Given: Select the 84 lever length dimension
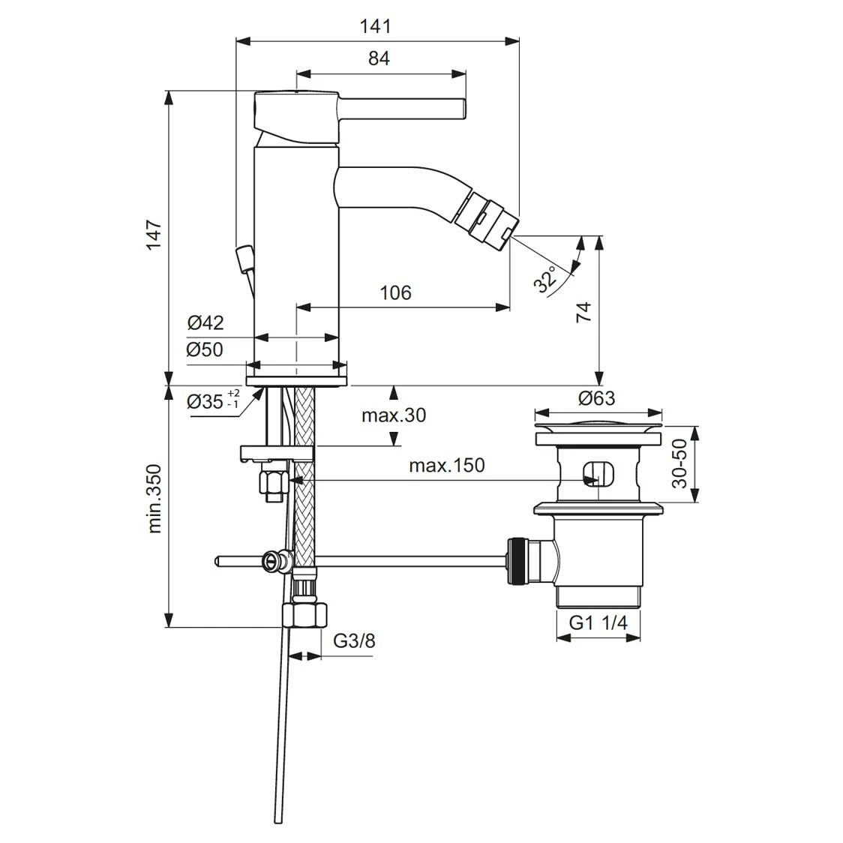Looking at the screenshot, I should [379, 58].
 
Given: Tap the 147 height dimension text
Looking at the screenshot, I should [153, 235].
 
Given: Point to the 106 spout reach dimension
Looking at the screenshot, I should [395, 292].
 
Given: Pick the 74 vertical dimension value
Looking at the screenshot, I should [583, 311].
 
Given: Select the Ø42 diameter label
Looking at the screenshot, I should [205, 322].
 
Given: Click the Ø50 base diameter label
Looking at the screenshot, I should [205, 349].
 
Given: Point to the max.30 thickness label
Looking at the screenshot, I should [394, 415].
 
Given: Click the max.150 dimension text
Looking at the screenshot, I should [447, 465].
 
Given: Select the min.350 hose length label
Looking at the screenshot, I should [154, 498].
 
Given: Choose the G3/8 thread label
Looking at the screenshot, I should [354, 641].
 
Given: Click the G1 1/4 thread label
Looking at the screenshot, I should [598, 622].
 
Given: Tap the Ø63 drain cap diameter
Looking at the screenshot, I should [598, 397].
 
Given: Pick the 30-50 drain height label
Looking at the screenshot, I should [679, 465].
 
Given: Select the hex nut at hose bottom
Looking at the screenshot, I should [305, 615].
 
